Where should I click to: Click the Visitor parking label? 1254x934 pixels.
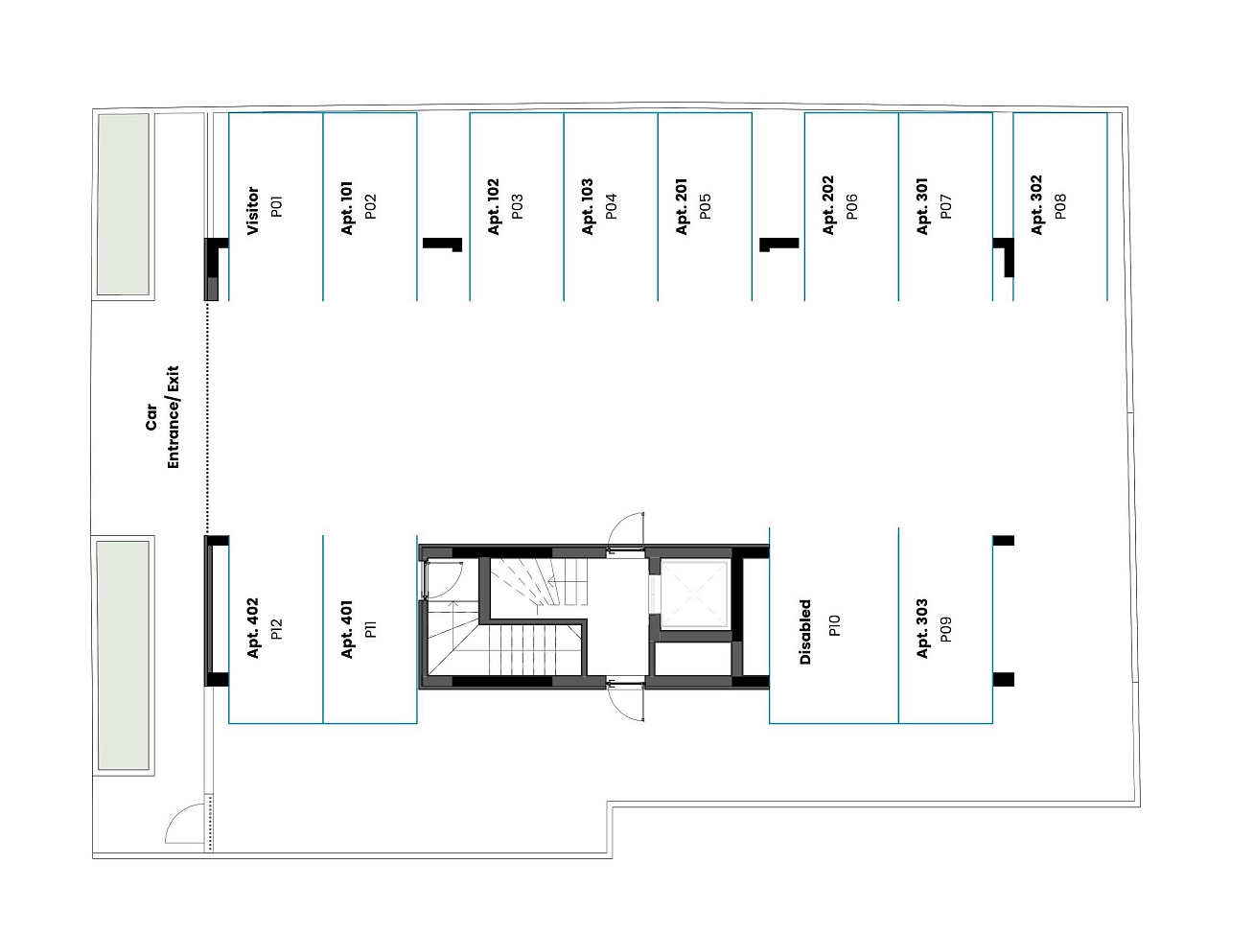pyautogui.click(x=252, y=210)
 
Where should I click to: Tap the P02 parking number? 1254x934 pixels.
pyautogui.click(x=370, y=206)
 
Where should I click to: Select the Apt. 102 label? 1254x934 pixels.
pyautogui.click(x=493, y=206)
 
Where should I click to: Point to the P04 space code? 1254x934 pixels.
pyautogui.click(x=611, y=206)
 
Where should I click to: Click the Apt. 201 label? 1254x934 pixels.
pyautogui.click(x=682, y=206)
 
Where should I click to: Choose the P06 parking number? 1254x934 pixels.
pyautogui.click(x=852, y=206)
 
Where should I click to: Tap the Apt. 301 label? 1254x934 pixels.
pyautogui.click(x=922, y=206)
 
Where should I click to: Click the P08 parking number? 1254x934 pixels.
pyautogui.click(x=1060, y=206)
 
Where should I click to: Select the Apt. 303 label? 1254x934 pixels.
pyautogui.click(x=922, y=628)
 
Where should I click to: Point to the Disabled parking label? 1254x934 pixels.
pyautogui.click(x=805, y=632)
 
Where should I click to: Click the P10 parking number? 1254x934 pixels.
pyautogui.click(x=834, y=625)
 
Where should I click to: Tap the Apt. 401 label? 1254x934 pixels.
pyautogui.click(x=346, y=629)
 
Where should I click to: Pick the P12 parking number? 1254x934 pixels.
pyautogui.click(x=276, y=629)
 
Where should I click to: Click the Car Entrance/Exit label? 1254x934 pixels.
pyautogui.click(x=162, y=417)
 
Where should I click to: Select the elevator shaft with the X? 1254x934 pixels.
pyautogui.click(x=695, y=594)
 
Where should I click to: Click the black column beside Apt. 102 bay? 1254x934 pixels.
pyautogui.click(x=442, y=245)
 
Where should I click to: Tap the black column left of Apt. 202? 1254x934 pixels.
pyautogui.click(x=778, y=245)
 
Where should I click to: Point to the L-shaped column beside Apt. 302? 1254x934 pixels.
pyautogui.click(x=1005, y=257)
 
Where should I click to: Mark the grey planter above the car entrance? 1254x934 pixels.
pyautogui.click(x=124, y=203)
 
